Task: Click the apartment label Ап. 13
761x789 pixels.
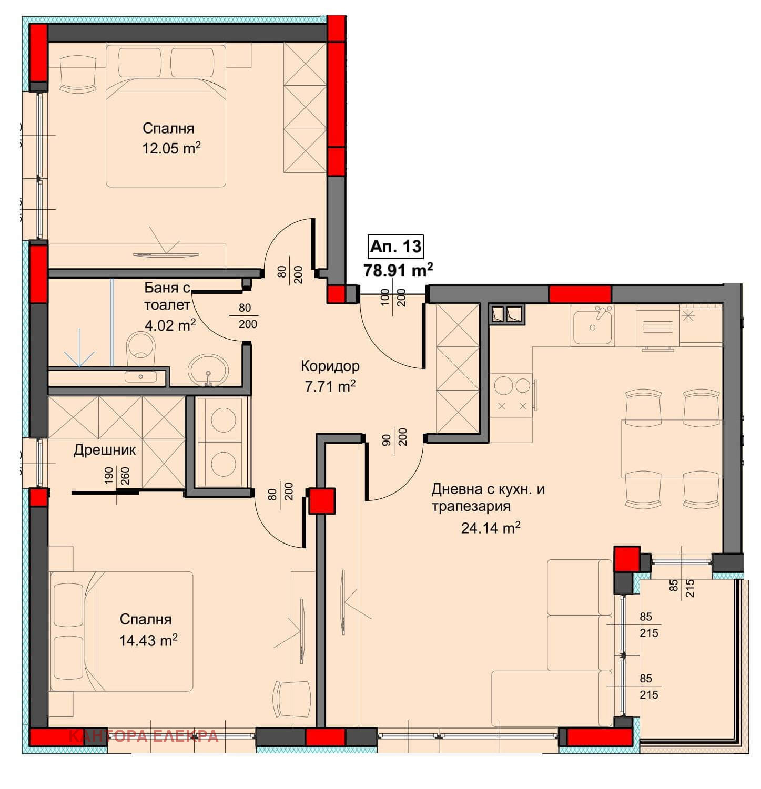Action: [x=395, y=246]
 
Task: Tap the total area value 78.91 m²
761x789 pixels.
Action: [x=398, y=270]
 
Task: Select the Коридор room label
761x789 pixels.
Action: [x=330, y=365]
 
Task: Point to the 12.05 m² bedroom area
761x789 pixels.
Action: [x=171, y=148]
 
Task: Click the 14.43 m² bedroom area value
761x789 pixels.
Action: [x=148, y=640]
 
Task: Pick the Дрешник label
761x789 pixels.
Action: [x=105, y=450]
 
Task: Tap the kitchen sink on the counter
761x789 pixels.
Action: [x=593, y=326]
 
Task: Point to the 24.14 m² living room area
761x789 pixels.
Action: [x=491, y=527]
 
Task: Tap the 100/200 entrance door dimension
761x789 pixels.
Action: [x=393, y=301]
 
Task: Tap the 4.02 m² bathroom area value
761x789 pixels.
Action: [x=170, y=325]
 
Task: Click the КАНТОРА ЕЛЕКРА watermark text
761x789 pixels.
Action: [x=144, y=736]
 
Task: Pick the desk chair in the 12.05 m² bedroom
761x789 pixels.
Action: [x=79, y=74]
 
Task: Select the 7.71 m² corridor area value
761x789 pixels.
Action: [x=330, y=386]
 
